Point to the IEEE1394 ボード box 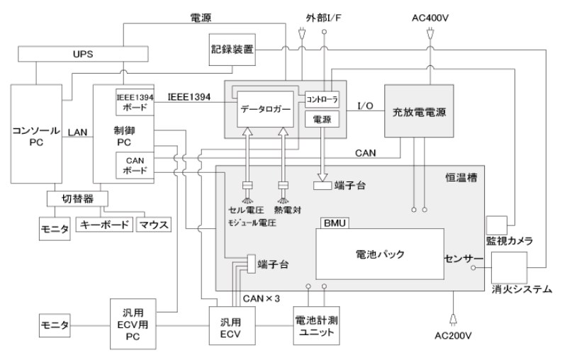[x=133, y=102]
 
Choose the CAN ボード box [x=133, y=166]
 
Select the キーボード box [x=103, y=225]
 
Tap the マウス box [x=155, y=225]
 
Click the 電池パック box [x=379, y=253]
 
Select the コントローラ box [x=322, y=100]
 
